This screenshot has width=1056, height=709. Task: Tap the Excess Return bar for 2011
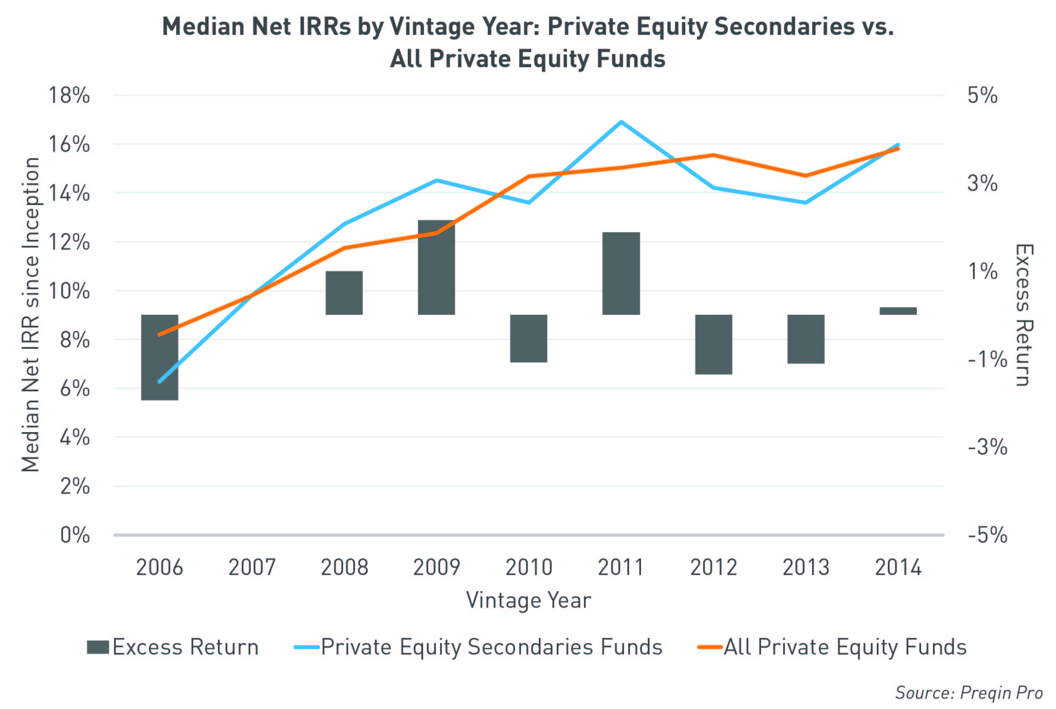[x=621, y=273]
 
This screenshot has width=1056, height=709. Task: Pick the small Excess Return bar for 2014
[x=898, y=310]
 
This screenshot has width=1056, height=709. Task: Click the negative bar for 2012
[x=713, y=345]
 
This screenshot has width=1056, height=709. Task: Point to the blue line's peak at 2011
[x=621, y=122]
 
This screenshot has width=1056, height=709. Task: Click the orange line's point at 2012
[x=713, y=156]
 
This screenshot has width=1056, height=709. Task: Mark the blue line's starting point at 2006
[x=159, y=381]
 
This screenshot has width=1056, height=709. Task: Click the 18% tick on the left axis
[x=69, y=95]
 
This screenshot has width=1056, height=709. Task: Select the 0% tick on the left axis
[x=75, y=535]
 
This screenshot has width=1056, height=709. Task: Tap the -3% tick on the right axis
[x=987, y=447]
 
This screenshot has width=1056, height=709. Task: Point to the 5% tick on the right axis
[x=982, y=95]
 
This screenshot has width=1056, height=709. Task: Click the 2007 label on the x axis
[x=252, y=567]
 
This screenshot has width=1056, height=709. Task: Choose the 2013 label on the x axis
[x=806, y=567]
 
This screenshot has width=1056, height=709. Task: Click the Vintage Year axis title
[x=529, y=601]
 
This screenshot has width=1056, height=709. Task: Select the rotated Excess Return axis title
[x=1023, y=315]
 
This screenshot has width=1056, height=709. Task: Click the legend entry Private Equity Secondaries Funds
[x=491, y=647]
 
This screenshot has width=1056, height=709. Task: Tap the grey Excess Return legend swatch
[x=98, y=647]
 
